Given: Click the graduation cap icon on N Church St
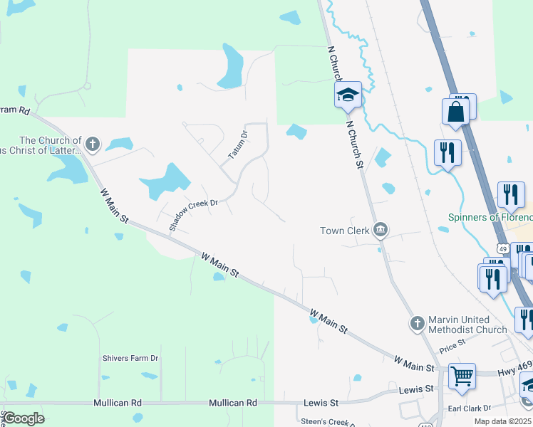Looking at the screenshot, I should tap(348, 95).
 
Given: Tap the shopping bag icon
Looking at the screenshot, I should tap(455, 112).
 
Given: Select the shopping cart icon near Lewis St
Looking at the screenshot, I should tap(462, 375).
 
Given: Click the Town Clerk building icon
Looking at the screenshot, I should tap(381, 230).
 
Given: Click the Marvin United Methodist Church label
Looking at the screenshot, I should tap(467, 325).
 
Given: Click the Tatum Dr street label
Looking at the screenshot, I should tap(238, 144).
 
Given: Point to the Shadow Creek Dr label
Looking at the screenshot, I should tap(192, 213).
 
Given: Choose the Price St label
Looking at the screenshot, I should tap(452, 346).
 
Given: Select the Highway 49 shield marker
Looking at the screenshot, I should tap(503, 248).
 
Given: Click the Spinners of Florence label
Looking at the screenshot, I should tap(490, 217).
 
